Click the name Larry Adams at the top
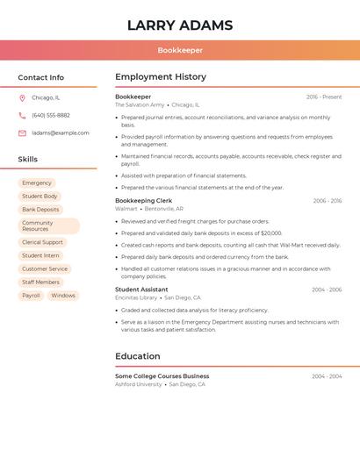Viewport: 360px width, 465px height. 180,25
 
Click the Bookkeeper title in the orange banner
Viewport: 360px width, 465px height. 180,51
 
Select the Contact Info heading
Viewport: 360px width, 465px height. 40,77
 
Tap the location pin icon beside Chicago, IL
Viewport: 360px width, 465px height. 22,97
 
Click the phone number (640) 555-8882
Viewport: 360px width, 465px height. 51,115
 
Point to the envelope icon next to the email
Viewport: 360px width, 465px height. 22,133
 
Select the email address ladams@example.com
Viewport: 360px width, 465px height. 61,133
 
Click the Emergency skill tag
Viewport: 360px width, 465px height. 37,182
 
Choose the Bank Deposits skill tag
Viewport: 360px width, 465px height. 41,210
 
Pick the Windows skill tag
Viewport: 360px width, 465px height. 63,296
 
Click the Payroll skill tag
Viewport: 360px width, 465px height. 32,296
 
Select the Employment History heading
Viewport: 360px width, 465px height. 161,77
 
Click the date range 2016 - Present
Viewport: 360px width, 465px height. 324,97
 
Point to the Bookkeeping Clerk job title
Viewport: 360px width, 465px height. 144,201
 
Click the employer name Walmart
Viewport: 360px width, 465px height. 126,209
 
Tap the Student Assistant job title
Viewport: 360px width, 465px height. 141,290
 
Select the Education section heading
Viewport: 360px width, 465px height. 138,356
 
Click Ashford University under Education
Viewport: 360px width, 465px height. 139,384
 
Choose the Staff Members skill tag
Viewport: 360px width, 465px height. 41,282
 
